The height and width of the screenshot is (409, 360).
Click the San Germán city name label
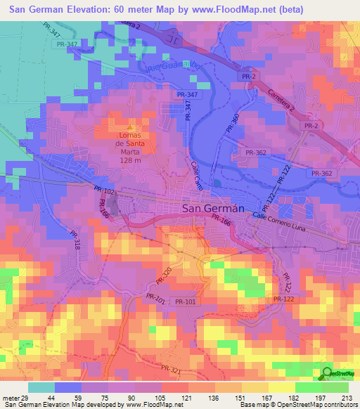pyautogui.click(x=213, y=208)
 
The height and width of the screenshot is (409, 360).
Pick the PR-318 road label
pyautogui.click(x=75, y=240)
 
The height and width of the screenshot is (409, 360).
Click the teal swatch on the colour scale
pyautogui.click(x=41, y=387)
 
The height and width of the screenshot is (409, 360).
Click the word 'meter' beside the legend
pyautogui.click(x=9, y=398)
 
